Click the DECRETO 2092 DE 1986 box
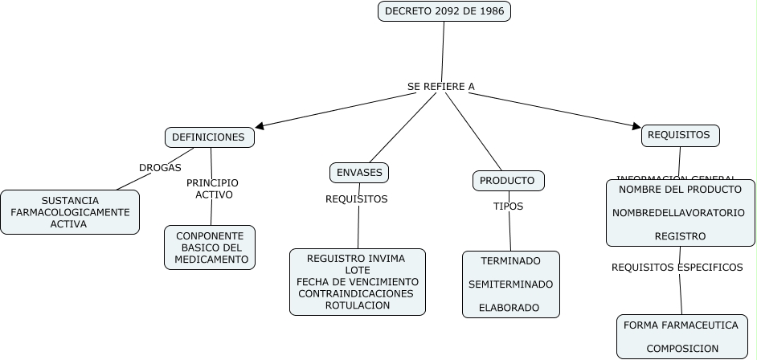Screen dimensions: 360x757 444,11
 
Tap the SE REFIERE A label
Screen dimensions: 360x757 441,86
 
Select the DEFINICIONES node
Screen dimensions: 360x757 209,137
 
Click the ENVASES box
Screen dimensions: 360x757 359,173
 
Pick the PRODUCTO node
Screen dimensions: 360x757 508,181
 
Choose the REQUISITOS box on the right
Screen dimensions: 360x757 679,135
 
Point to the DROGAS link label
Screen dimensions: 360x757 160,168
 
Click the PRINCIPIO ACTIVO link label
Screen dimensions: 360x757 212,189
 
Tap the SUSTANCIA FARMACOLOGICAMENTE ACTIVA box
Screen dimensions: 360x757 70,212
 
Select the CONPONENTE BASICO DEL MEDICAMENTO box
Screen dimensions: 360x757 210,247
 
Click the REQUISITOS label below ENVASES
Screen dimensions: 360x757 356,198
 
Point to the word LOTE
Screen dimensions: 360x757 358,270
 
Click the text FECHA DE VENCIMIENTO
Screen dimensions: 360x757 358,282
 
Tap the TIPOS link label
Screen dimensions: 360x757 508,207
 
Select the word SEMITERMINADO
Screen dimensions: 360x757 511,284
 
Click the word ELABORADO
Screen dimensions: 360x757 509,308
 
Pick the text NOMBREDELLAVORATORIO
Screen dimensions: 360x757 680,213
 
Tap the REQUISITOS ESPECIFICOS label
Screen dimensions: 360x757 677,268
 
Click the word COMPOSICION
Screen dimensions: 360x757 682,349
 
